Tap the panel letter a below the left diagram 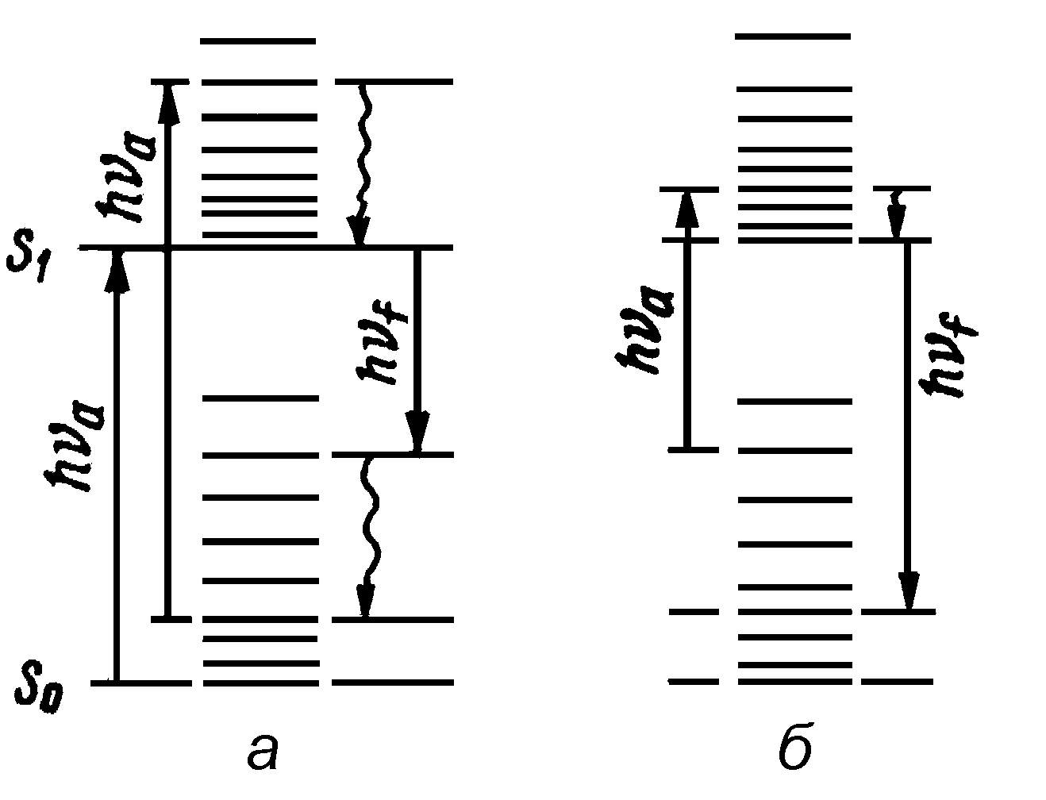pos(263,752)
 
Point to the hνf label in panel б pos(949,353)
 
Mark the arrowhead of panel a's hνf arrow pos(417,433)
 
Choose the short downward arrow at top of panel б pos(897,214)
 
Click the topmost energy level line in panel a pos(258,40)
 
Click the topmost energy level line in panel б pos(793,37)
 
